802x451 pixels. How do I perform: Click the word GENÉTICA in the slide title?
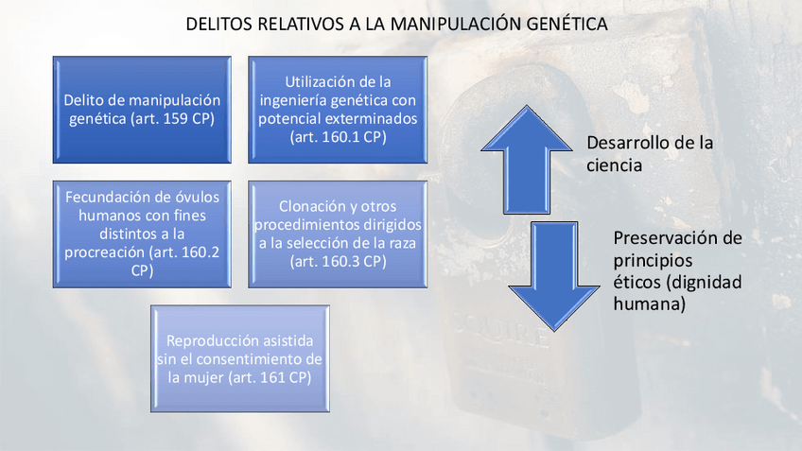point(567,24)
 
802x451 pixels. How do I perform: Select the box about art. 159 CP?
point(142,110)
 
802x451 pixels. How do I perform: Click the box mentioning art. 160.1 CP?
point(338,110)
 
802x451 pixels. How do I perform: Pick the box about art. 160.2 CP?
point(142,234)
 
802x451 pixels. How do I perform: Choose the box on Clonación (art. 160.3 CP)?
point(338,234)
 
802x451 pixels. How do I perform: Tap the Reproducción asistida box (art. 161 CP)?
point(240,357)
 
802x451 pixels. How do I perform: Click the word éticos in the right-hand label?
point(636,282)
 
